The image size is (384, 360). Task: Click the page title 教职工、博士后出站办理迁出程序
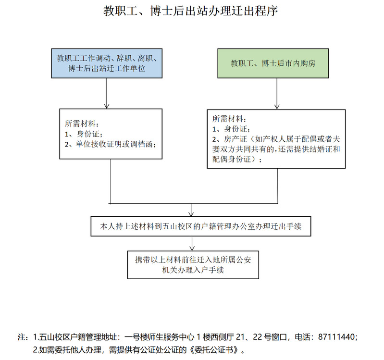point(190,11)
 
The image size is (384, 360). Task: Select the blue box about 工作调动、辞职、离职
point(107,63)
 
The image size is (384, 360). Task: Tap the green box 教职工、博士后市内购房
point(273,63)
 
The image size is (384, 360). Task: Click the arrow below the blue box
point(107,93)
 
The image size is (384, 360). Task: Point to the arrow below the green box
point(277,94)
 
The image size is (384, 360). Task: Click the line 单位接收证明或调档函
point(115,144)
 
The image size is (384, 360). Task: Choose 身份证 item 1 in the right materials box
point(235,129)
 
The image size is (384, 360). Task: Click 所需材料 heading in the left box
point(80,124)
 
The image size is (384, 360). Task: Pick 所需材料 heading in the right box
point(227,119)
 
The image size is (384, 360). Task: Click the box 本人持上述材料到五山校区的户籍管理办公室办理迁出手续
point(201,226)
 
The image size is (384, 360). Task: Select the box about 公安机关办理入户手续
point(193,265)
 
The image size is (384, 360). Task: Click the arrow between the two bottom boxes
point(192,243)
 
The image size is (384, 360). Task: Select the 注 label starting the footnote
point(22,337)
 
